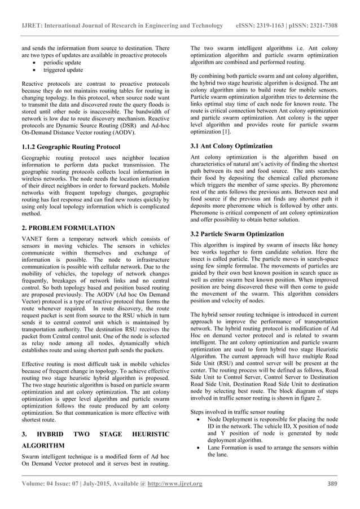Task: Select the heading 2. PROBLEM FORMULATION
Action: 68,228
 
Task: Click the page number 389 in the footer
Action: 332,484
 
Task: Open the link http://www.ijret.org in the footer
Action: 175,484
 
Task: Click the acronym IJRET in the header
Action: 33,26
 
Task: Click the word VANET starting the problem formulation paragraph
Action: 33,239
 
